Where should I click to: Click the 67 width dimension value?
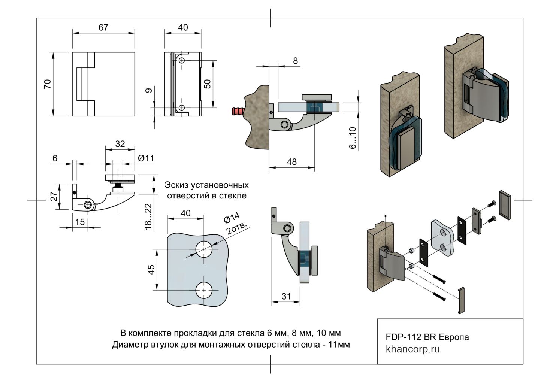point(103,28)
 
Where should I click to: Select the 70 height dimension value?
point(47,84)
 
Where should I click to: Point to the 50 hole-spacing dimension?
point(207,84)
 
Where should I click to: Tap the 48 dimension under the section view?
point(291,162)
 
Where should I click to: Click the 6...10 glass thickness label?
point(353,138)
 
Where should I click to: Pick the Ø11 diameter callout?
point(146,158)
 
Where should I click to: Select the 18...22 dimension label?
point(148,216)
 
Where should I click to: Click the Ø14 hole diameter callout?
point(232,218)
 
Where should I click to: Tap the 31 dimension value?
point(286,297)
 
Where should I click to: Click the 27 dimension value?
point(55,196)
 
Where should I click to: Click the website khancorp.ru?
point(412,349)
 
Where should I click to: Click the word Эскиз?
point(177,185)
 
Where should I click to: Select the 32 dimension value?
point(120,144)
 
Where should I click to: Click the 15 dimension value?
point(80,222)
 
